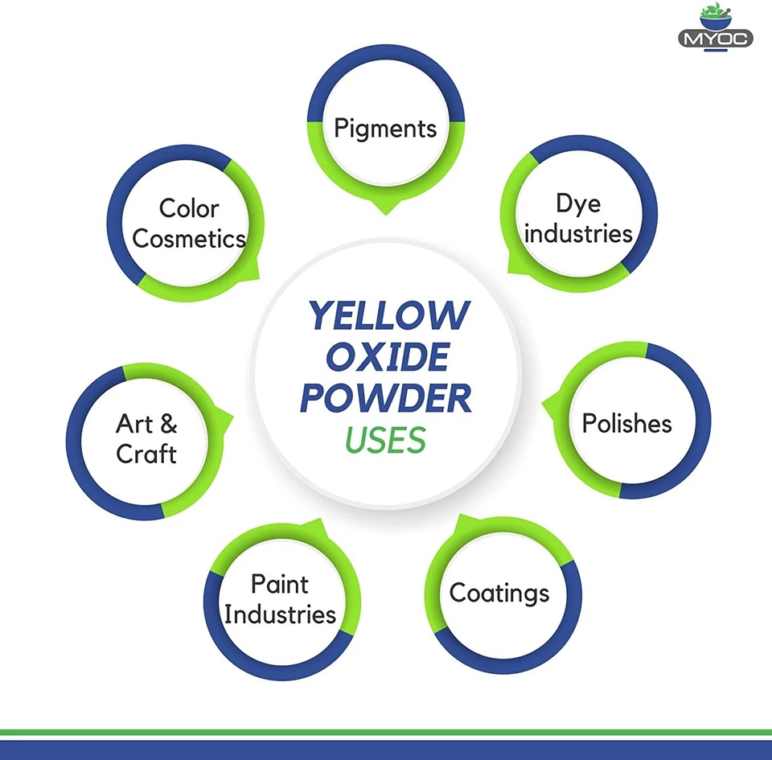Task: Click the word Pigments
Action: [385, 128]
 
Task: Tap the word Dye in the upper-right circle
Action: [577, 204]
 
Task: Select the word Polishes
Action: [626, 423]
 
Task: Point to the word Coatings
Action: [499, 594]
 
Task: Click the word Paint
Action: [279, 584]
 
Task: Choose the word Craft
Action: [146, 454]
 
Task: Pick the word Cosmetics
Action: [189, 239]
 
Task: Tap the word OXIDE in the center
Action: [387, 357]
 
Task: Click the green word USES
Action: [385, 440]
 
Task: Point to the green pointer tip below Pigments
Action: [385, 212]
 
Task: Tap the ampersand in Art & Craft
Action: [168, 424]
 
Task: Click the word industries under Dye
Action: [579, 234]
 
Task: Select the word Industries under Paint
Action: [280, 614]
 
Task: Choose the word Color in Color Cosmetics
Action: [189, 208]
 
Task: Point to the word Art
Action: [134, 424]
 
